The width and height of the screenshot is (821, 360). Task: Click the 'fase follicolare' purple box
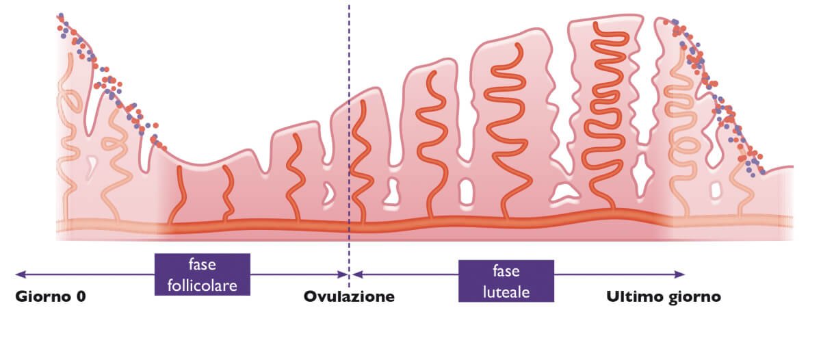(x=203, y=274)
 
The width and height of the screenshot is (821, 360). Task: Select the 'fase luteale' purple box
(x=506, y=281)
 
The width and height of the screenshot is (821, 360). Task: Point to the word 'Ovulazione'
(x=350, y=297)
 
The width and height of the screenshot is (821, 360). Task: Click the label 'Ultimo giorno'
(x=664, y=297)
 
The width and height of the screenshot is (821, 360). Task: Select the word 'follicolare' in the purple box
(x=203, y=284)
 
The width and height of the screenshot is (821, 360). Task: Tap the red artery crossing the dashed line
(x=359, y=164)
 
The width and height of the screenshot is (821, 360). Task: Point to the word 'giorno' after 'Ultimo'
(x=694, y=297)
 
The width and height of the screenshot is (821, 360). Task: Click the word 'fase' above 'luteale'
(x=506, y=270)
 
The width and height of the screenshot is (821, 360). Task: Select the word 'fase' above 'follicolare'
(x=203, y=264)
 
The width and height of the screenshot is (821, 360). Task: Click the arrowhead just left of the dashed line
(x=344, y=274)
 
